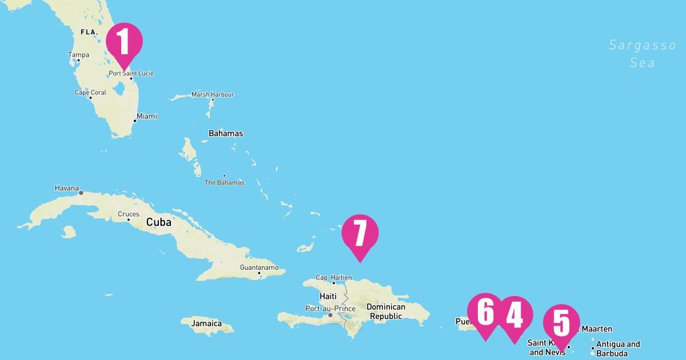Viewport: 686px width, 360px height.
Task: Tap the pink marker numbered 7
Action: click(x=360, y=233)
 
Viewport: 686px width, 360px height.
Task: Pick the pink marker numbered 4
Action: click(x=514, y=315)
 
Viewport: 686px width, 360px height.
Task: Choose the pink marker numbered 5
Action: click(x=561, y=323)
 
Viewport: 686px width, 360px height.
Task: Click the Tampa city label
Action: click(x=79, y=55)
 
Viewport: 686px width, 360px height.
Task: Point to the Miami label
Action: click(x=146, y=116)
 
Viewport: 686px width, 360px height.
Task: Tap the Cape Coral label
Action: click(x=90, y=93)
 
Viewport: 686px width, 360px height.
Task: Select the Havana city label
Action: click(x=66, y=188)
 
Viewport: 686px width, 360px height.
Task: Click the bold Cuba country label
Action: click(x=158, y=222)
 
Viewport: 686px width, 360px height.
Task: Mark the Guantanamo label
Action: click(x=259, y=267)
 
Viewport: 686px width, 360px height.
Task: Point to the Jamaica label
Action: click(x=206, y=323)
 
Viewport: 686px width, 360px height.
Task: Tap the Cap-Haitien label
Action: click(x=334, y=278)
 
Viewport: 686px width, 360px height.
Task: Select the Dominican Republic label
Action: click(x=386, y=311)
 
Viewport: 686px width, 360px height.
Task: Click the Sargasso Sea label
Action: click(x=642, y=54)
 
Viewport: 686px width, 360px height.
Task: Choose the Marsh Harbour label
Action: click(x=213, y=94)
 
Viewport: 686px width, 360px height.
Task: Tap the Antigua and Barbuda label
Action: click(x=618, y=348)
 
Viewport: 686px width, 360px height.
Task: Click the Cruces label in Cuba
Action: click(x=128, y=214)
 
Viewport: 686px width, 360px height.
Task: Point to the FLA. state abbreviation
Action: click(x=90, y=33)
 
